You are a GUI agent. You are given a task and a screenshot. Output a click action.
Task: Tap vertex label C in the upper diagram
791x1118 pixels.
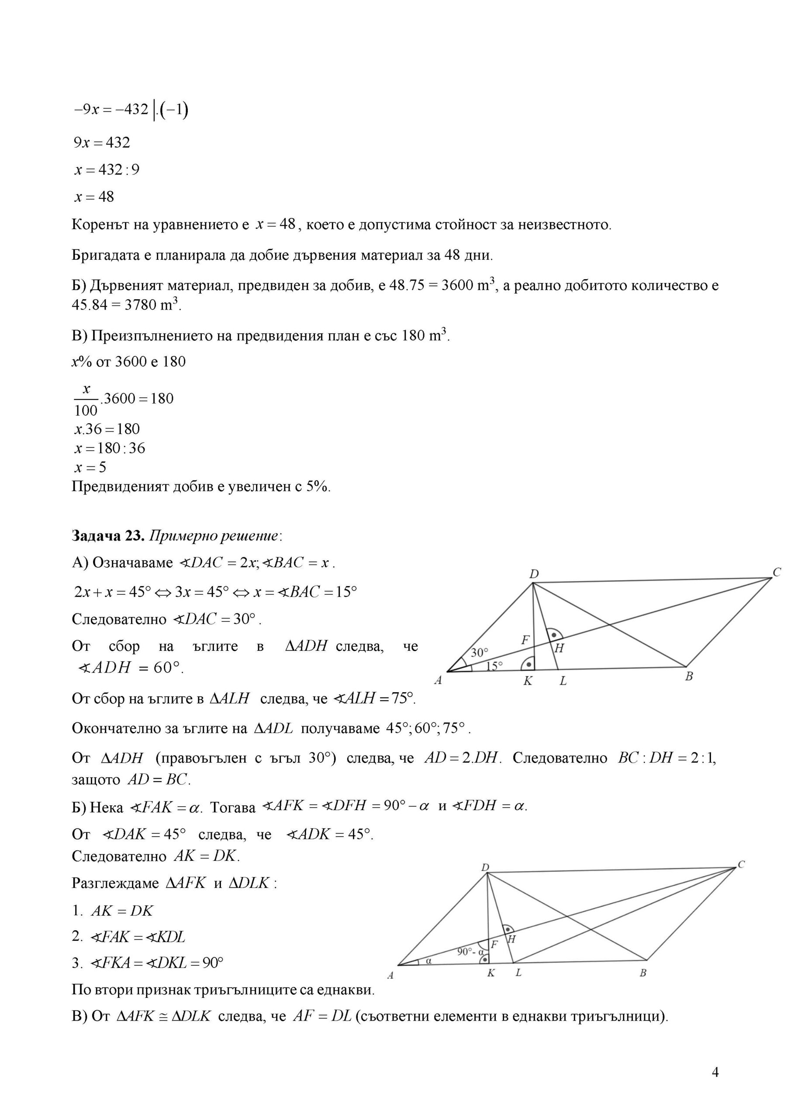point(777,572)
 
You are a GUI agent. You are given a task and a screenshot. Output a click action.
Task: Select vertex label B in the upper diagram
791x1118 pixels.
point(689,676)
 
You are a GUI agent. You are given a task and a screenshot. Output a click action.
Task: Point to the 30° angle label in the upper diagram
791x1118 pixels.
point(479,652)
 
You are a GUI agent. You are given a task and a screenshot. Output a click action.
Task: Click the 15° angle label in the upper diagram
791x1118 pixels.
point(494,665)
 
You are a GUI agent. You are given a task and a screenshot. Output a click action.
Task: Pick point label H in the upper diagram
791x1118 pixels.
point(559,648)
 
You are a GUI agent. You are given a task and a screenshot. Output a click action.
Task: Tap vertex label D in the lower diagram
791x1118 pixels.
point(485,867)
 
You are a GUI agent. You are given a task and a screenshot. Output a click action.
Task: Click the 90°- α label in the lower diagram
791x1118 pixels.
point(470,951)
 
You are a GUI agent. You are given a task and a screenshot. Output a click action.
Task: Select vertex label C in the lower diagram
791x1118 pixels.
point(741,864)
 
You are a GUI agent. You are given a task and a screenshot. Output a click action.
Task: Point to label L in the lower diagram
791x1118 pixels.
point(518,973)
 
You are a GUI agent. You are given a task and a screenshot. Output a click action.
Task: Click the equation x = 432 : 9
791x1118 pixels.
point(107,170)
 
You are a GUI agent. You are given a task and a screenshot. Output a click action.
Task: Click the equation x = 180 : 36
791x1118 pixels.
point(109,448)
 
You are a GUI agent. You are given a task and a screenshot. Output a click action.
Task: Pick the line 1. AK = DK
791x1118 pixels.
point(113,911)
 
